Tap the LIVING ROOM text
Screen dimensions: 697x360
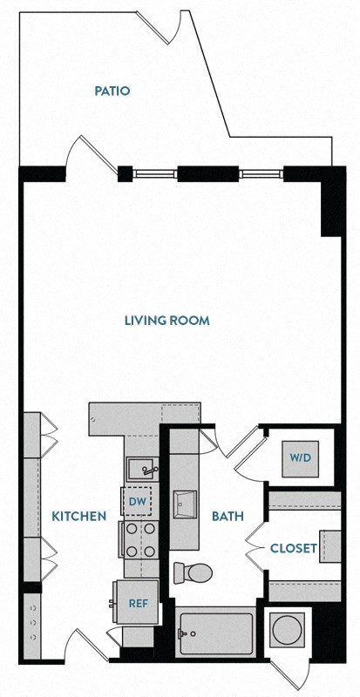point(166,321)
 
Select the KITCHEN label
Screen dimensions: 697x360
point(78,516)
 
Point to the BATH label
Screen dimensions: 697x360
point(227,516)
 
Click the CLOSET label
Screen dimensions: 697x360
point(292,548)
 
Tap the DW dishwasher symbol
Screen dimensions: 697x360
point(138,501)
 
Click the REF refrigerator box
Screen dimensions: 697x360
point(138,602)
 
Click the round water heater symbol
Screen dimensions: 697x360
point(288,628)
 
